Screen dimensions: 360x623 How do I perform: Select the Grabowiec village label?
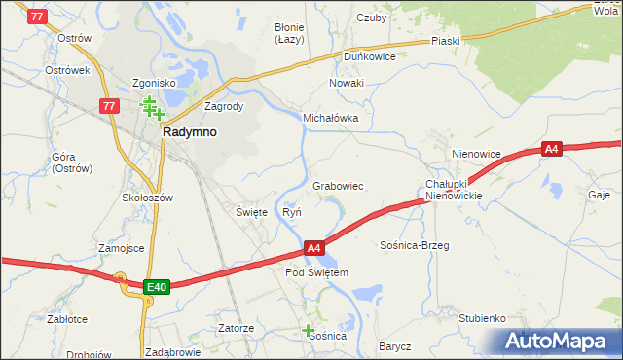pos(338,185)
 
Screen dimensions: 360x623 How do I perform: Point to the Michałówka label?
pos(331,118)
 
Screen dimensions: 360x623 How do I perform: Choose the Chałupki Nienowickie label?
pos(454,190)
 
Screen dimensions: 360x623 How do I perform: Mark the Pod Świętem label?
pos(316,273)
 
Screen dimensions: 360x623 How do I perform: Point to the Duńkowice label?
pos(368,56)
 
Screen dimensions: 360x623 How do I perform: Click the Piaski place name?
pos(445,41)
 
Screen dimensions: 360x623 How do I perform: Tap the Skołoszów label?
pos(147,198)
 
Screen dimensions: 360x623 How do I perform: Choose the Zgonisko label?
pos(155,84)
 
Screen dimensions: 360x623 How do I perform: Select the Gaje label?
pos(598,194)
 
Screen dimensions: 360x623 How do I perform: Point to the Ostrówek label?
pos(67,71)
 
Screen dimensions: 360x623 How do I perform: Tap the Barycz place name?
pos(395,346)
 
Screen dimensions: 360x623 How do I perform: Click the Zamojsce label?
pos(121,248)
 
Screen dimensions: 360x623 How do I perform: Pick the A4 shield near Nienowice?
pos(552,149)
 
